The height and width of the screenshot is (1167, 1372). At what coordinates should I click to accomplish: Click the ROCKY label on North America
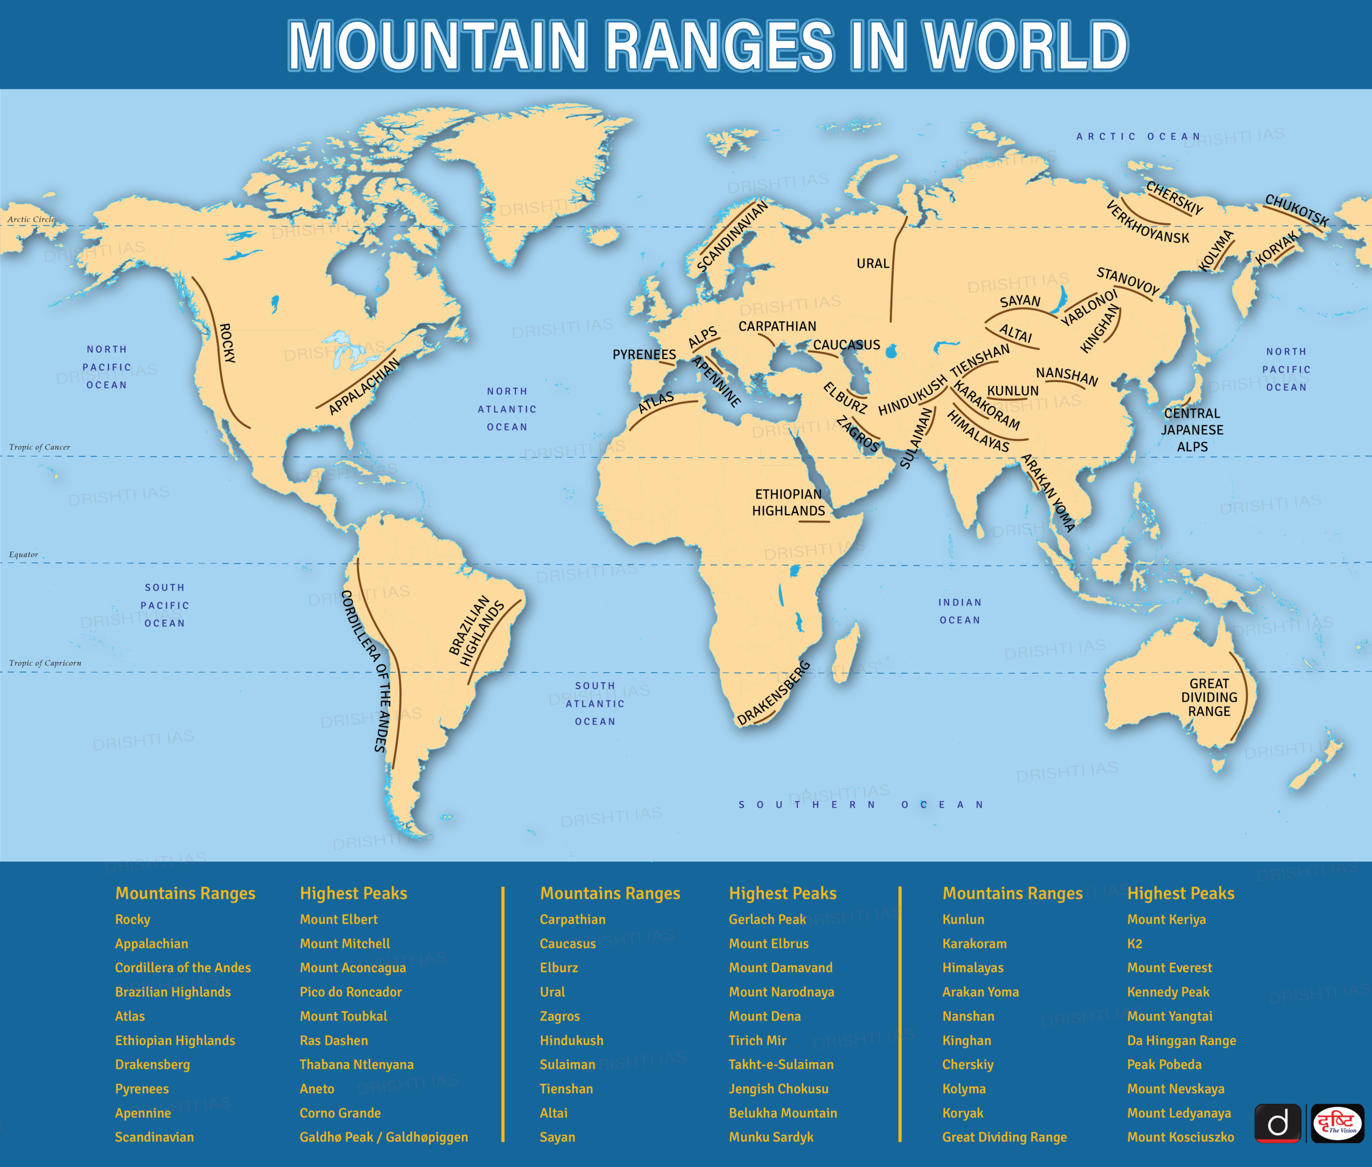[227, 343]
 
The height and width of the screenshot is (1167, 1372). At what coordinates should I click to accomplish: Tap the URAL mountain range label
[873, 263]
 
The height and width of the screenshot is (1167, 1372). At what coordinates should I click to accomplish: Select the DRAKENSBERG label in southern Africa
[773, 692]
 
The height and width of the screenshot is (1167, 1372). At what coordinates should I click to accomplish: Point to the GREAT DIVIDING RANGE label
[1209, 697]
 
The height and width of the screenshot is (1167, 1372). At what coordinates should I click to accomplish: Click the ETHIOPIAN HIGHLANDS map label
[788, 502]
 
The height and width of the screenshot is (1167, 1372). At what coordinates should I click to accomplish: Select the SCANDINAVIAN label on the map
[732, 236]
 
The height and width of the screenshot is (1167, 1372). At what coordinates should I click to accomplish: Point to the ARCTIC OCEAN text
[1138, 136]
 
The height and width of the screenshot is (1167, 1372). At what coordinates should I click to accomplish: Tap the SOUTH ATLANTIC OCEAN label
[594, 703]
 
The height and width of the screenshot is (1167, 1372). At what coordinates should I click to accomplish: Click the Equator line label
[24, 554]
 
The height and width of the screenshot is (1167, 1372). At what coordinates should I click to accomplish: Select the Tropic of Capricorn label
[45, 663]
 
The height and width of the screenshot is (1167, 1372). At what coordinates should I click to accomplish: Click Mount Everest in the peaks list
[1169, 967]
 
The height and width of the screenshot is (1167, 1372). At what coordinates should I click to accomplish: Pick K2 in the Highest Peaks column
[1135, 943]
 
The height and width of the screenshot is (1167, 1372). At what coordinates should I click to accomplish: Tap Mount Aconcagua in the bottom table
[352, 967]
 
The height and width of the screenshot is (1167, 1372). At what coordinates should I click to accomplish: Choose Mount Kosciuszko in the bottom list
[1180, 1136]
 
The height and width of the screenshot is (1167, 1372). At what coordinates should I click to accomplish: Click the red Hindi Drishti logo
[1337, 1123]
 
